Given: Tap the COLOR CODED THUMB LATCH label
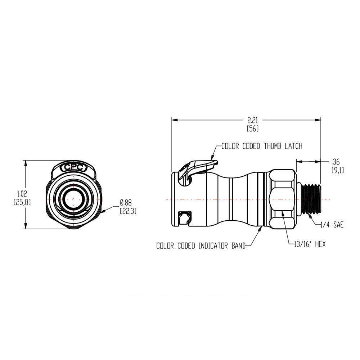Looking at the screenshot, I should point(261,146).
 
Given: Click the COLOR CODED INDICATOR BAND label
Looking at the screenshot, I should point(201,246).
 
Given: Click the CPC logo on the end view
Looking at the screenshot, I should point(73,167).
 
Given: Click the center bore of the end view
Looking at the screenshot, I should point(73,199).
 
